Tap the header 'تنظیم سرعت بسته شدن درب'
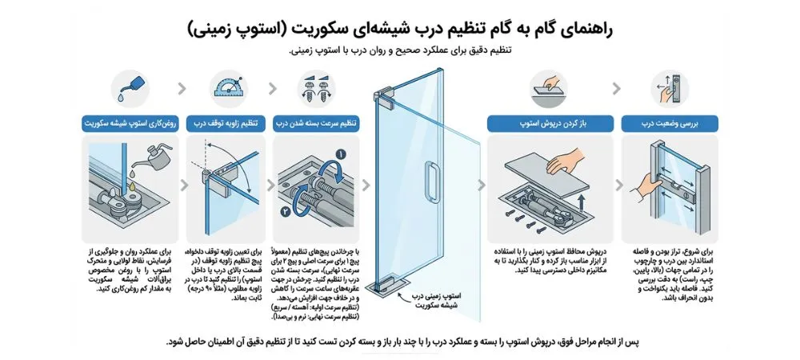(x=316, y=125)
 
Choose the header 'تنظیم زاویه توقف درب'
(x=221, y=125)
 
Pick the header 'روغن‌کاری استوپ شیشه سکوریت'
(x=130, y=125)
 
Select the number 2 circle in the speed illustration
(x=286, y=212)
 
